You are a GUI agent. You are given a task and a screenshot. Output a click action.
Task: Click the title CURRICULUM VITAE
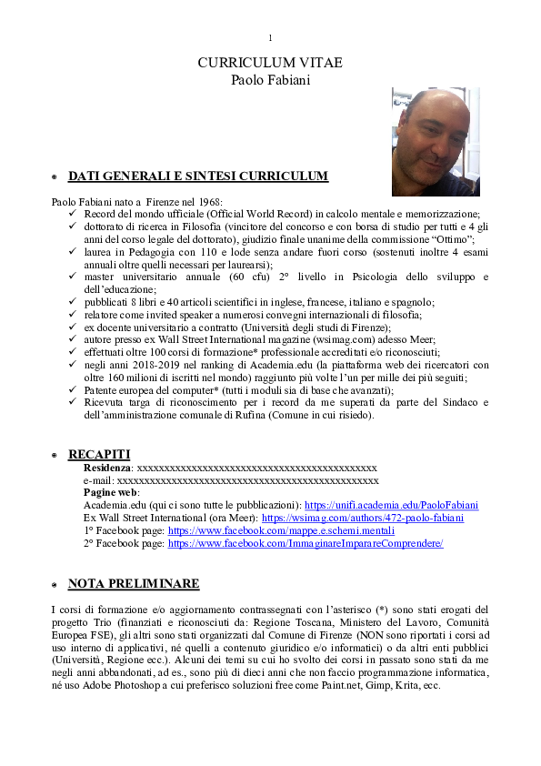[x=270, y=63]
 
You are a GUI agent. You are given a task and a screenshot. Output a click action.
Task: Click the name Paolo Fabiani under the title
[x=270, y=80]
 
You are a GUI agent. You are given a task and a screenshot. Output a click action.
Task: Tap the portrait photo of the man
[x=435, y=141]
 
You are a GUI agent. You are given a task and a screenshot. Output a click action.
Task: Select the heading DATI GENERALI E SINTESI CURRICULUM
[x=197, y=176]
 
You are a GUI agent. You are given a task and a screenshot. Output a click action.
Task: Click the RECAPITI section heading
[x=99, y=454]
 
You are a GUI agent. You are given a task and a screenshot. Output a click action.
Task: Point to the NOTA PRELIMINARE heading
[x=134, y=583]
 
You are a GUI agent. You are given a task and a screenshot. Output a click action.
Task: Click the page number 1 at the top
[x=270, y=37]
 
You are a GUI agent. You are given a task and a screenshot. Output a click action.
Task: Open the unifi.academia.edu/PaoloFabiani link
[x=391, y=505]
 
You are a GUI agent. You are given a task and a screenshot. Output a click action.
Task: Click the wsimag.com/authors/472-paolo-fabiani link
[x=362, y=518]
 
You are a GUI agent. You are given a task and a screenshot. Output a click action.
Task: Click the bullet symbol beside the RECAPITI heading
[x=54, y=455]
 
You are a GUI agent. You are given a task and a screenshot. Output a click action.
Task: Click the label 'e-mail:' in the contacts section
[x=99, y=480]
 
